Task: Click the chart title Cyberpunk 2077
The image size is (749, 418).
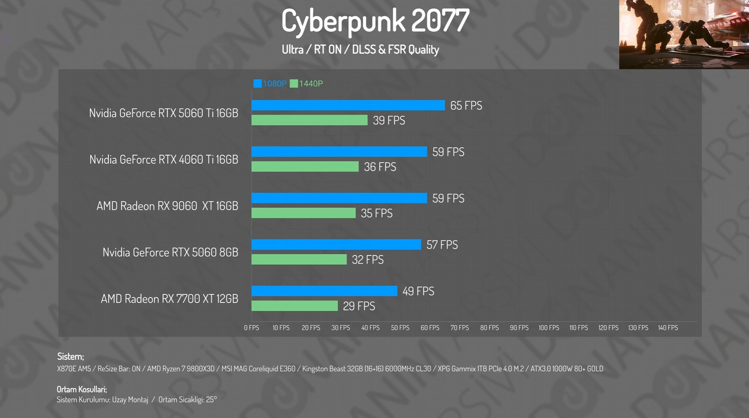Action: coord(375,21)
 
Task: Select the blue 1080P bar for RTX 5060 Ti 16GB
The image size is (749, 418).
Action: coord(348,105)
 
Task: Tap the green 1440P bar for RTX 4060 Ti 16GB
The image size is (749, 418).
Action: coord(305,166)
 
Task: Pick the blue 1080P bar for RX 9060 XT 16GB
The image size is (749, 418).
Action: coord(339,198)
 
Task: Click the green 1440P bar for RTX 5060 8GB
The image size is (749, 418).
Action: coord(299,259)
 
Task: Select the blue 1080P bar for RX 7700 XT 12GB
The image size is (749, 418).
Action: coord(324,291)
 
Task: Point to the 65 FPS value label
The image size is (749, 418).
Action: coord(466,105)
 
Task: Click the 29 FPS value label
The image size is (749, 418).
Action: coord(359,306)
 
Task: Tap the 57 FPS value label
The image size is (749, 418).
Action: coord(442,245)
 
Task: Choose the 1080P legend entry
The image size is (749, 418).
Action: coord(270,84)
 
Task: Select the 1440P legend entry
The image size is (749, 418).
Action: coord(307,84)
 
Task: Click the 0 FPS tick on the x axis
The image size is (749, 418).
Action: coord(251,328)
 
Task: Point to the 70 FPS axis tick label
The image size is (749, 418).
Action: coord(460,328)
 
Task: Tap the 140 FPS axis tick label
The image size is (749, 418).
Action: coord(668,328)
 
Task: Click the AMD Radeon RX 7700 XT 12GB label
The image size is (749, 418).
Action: coord(169,299)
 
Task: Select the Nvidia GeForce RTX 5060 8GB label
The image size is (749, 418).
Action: coord(170,252)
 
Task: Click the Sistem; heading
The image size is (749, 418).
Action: coord(70,356)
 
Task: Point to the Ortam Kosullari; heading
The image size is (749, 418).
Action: coord(82,389)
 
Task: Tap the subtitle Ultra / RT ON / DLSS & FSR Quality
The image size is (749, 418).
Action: coord(360,50)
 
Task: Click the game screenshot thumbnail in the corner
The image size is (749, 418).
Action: coord(684,34)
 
